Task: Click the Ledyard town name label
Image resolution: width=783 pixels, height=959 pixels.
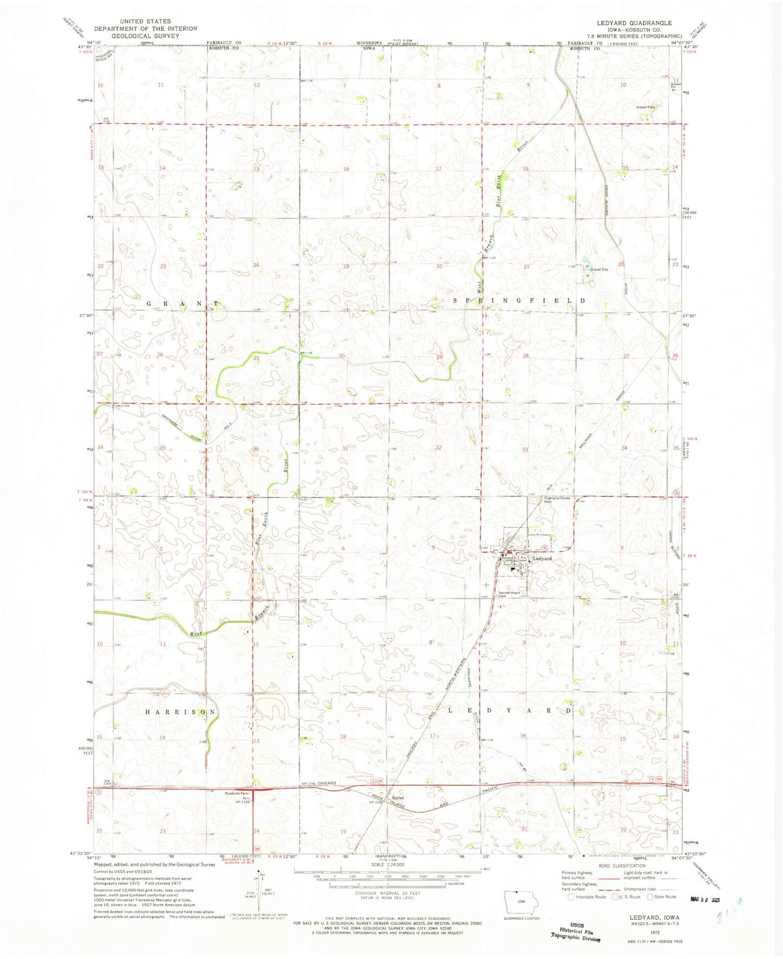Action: point(542,558)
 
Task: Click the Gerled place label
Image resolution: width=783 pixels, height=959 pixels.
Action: point(398,797)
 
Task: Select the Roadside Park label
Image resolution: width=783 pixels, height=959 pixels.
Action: point(237,793)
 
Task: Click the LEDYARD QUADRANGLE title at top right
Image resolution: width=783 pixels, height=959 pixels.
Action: point(634,23)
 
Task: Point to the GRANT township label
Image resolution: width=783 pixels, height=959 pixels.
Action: point(183,304)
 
